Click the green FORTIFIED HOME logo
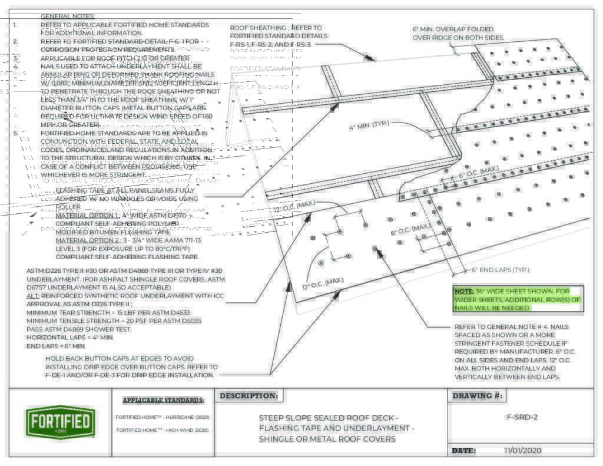coord(59,422)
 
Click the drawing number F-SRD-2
coord(522,417)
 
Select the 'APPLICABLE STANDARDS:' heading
coord(163,401)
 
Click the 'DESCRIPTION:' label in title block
coord(248,396)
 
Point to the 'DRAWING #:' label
coord(478,396)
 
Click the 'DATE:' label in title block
coord(463,451)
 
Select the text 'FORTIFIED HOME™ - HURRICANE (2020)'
coord(162,417)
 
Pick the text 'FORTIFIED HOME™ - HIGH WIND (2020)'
coord(162,430)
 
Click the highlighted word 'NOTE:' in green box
coord(464,291)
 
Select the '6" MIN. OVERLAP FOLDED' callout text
coord(453,29)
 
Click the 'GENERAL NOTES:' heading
coord(68,16)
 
